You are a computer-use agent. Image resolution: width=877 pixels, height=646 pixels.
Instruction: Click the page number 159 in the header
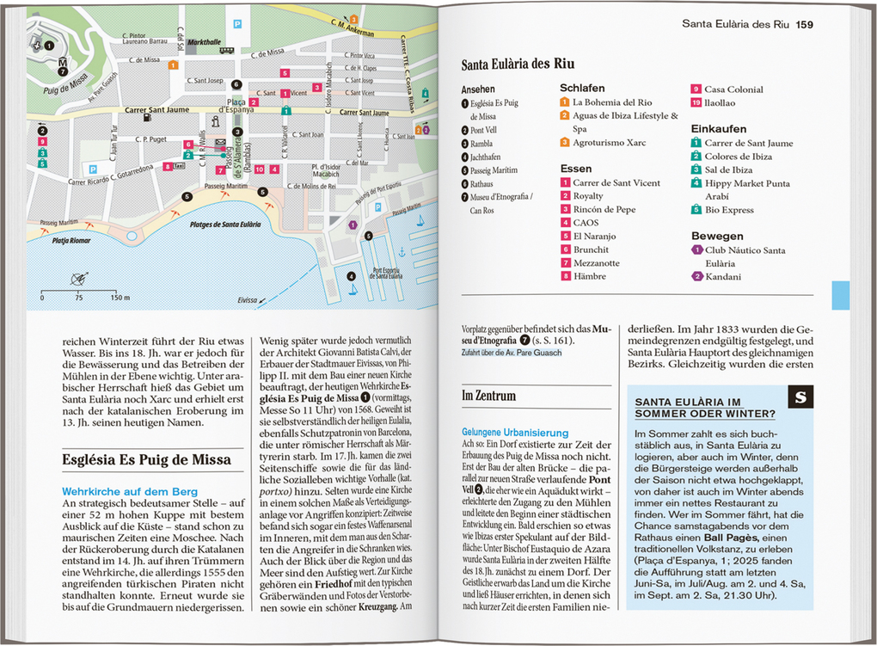click(x=804, y=24)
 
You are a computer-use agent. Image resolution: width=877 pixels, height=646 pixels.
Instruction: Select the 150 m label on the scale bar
click(x=120, y=298)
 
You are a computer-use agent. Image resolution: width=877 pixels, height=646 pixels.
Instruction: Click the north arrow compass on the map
click(x=79, y=279)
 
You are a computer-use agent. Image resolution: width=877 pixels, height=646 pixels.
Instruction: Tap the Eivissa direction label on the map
click(x=248, y=300)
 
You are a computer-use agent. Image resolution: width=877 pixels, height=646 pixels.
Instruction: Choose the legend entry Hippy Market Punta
click(x=746, y=183)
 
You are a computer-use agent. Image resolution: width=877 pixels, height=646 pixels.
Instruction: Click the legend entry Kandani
click(x=722, y=277)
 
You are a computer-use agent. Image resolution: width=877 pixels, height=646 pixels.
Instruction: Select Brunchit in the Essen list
click(x=591, y=249)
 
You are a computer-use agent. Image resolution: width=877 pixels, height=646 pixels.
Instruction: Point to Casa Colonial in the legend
click(x=733, y=89)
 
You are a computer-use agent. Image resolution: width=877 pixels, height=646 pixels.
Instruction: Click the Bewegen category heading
click(x=717, y=236)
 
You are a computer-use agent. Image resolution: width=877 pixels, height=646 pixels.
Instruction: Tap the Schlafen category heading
click(x=582, y=89)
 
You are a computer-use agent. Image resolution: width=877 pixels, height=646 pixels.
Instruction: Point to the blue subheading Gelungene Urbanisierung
click(x=515, y=433)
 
